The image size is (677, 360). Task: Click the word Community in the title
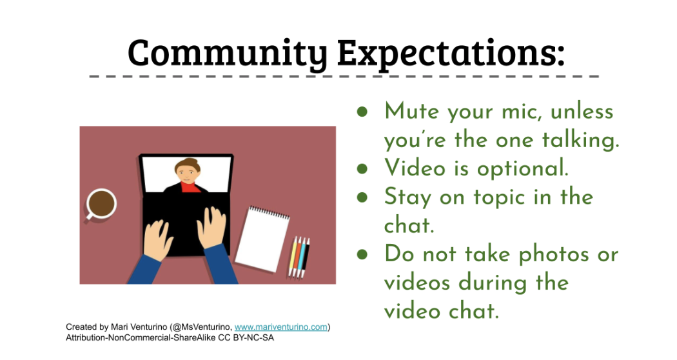click(x=228, y=53)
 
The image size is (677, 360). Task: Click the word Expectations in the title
click(x=451, y=53)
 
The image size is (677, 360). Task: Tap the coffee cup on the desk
click(x=101, y=204)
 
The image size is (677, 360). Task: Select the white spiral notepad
click(x=262, y=239)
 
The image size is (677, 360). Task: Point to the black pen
click(x=306, y=258)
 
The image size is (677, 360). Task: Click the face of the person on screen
click(x=186, y=172)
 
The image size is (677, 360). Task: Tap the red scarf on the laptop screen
click(x=190, y=187)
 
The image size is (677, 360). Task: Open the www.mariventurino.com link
click(x=280, y=327)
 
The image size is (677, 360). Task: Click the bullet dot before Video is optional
click(x=362, y=169)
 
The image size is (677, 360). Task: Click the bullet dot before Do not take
click(x=362, y=255)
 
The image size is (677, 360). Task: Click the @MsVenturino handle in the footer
click(x=201, y=327)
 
